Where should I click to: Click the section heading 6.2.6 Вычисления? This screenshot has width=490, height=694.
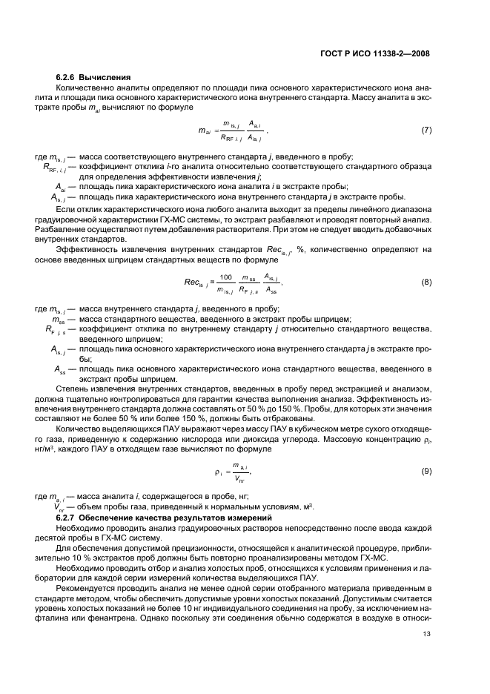coord(93,77)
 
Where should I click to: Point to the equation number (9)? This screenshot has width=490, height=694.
coord(426,471)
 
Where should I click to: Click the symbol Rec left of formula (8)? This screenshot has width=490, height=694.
coord(194,282)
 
